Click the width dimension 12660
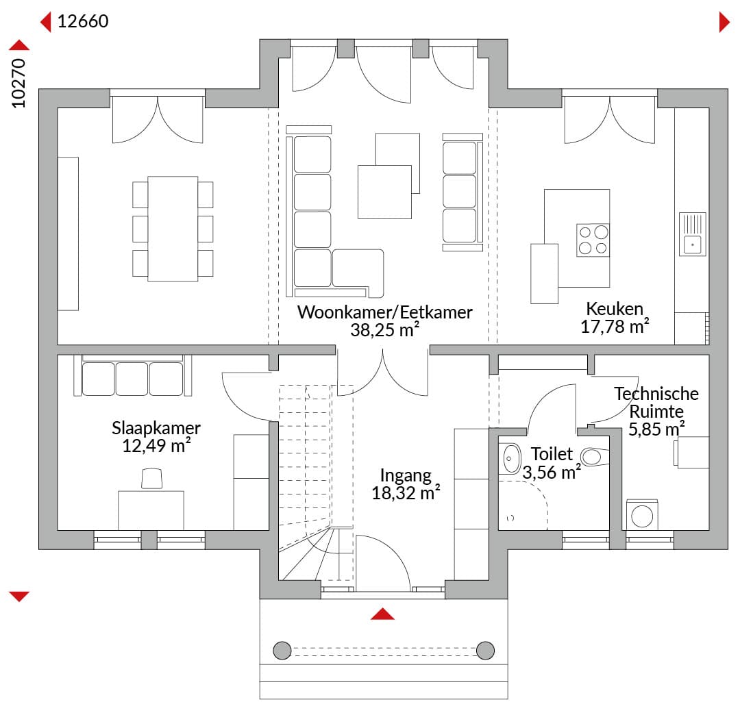click(x=83, y=21)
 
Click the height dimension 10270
click(x=18, y=84)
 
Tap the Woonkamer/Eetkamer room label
click(x=384, y=312)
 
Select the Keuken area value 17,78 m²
click(x=615, y=327)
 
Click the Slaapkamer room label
click(x=156, y=428)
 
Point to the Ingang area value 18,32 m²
click(x=406, y=493)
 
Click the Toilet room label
click(x=552, y=453)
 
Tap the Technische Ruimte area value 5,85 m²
click(x=656, y=429)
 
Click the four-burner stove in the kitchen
click(x=593, y=240)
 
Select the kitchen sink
click(x=692, y=234)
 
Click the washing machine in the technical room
click(x=642, y=515)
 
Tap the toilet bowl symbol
click(x=595, y=457)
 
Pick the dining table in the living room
click(x=173, y=229)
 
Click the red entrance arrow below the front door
click(x=382, y=614)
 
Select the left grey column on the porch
click(x=282, y=651)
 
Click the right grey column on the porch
click(x=485, y=651)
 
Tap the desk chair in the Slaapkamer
click(x=151, y=478)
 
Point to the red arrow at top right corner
click(x=724, y=22)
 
